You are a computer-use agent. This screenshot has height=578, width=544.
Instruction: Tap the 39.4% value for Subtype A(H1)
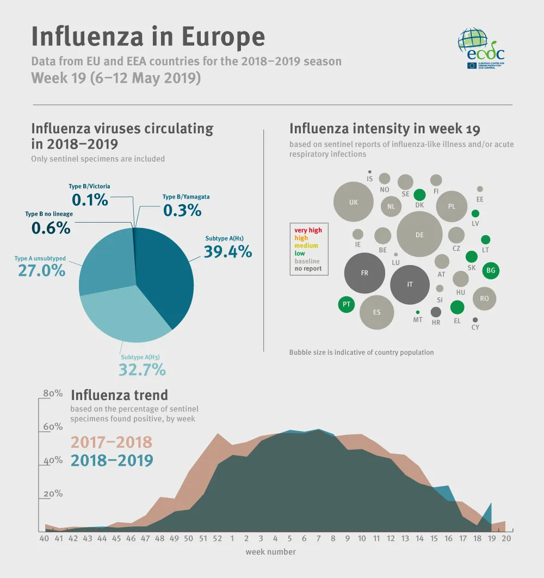point(227,251)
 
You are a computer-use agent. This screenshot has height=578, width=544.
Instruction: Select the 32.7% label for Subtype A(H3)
point(142,370)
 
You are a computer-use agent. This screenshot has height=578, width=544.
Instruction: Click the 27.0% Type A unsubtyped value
point(42,270)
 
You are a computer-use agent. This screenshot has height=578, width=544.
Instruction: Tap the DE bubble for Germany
point(419,235)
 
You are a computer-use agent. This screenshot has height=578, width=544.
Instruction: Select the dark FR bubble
point(364,273)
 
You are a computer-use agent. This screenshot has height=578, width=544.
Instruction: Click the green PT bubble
point(346,304)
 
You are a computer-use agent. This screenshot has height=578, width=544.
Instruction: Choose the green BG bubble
point(491,270)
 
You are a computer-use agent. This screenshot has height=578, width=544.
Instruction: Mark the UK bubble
point(354,202)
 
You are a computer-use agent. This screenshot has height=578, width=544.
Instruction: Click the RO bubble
point(484,298)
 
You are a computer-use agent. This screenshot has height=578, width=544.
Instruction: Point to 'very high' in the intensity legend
point(308,230)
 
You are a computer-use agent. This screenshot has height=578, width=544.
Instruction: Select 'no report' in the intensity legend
point(308,268)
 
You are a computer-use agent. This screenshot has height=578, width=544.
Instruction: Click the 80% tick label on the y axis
point(53,393)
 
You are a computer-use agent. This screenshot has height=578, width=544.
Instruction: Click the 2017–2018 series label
point(111,442)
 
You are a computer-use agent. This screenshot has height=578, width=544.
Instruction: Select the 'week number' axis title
point(270,552)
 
